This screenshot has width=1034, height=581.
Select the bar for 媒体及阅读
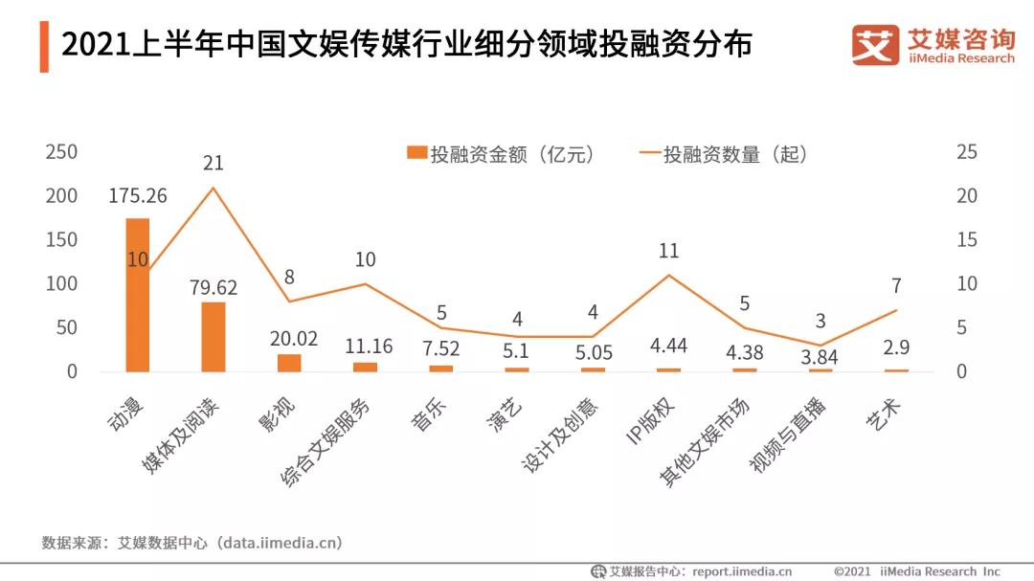pos(214,337)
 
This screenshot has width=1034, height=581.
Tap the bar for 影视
pos(289,363)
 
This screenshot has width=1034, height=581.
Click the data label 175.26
pos(138,196)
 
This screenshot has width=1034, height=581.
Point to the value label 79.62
pos(214,287)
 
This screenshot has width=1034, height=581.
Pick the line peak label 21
pos(214,164)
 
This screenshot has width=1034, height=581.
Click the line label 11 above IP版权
pos(668,251)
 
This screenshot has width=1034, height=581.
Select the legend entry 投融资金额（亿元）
pos(501,154)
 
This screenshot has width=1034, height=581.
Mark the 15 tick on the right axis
pos(967,240)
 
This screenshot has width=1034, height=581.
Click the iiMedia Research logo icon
pos(875,45)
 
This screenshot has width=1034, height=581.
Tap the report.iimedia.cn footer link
pos(742,571)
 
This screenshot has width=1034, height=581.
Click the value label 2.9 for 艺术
pos(896,352)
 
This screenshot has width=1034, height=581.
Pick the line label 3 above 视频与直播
pos(820,322)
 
